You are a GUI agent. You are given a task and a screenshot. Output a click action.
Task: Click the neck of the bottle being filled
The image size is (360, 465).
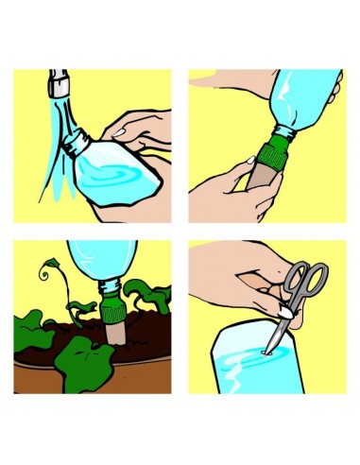tap(76, 146)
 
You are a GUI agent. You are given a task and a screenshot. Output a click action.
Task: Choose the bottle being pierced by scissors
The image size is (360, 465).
tap(255, 364)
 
